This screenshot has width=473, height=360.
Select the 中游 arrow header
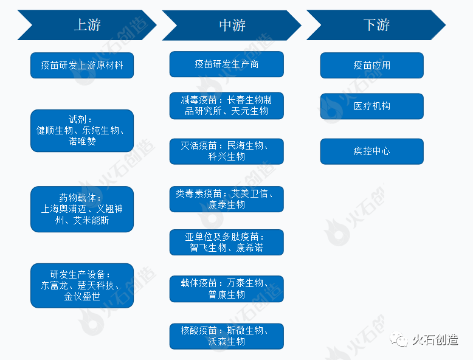pyautogui.click(x=232, y=25)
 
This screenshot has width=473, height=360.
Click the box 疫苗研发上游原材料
pyautogui.click(x=82, y=65)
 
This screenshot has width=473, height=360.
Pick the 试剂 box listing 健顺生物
pyautogui.click(x=82, y=131)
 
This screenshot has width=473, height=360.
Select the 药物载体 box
pyautogui.click(x=82, y=209)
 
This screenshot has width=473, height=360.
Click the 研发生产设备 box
pyautogui.click(x=82, y=285)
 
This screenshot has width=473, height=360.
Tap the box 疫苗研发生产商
pyautogui.click(x=226, y=64)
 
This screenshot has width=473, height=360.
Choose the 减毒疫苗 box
pyautogui.click(x=226, y=105)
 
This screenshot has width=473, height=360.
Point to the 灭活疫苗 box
pyautogui.click(x=226, y=151)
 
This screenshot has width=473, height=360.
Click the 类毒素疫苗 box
pyautogui.click(x=226, y=199)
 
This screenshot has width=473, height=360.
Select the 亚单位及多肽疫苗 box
pyautogui.click(x=226, y=242)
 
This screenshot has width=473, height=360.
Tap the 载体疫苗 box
pyautogui.click(x=226, y=289)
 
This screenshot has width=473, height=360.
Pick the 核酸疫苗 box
pyautogui.click(x=226, y=336)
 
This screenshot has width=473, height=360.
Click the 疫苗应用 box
pyautogui.click(x=372, y=65)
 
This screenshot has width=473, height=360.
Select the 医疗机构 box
pyautogui.click(x=372, y=106)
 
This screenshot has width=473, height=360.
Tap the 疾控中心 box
pyautogui.click(x=372, y=151)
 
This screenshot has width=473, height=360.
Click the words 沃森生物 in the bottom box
pyautogui.click(x=226, y=342)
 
